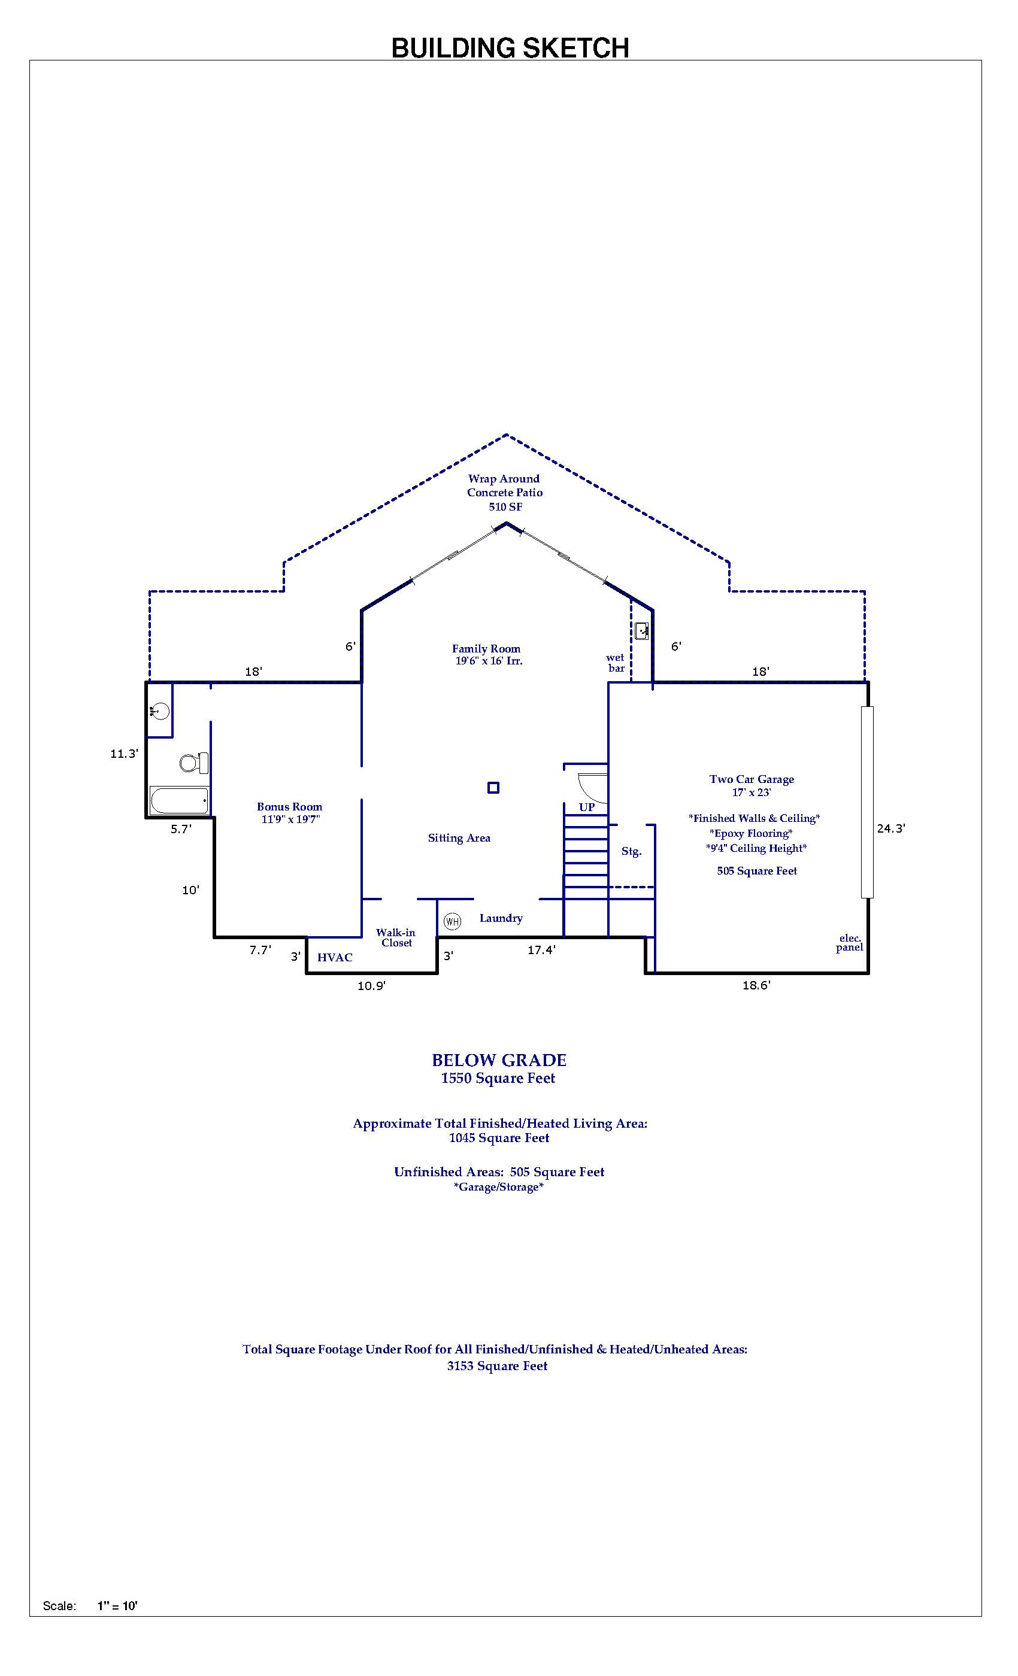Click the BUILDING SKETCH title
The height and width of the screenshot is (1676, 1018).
tap(510, 48)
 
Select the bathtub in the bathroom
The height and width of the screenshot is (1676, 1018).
tap(180, 801)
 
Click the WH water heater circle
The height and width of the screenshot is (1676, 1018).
tap(452, 922)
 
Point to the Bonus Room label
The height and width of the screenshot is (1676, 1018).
tap(289, 807)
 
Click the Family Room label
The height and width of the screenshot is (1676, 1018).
tap(486, 649)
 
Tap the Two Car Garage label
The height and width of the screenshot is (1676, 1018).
tap(752, 779)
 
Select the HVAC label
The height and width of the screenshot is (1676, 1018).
tap(335, 958)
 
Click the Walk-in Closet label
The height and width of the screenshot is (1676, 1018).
tap(396, 937)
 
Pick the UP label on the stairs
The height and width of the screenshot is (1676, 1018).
tap(587, 807)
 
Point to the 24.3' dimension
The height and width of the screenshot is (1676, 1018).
tap(891, 828)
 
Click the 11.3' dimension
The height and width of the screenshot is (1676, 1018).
tap(125, 754)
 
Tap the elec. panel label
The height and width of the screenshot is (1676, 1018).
tap(849, 943)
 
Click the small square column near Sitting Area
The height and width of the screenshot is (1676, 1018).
tap(493, 788)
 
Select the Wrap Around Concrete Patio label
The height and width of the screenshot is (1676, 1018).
tap(504, 493)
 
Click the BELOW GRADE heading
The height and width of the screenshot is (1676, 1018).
tap(499, 1061)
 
